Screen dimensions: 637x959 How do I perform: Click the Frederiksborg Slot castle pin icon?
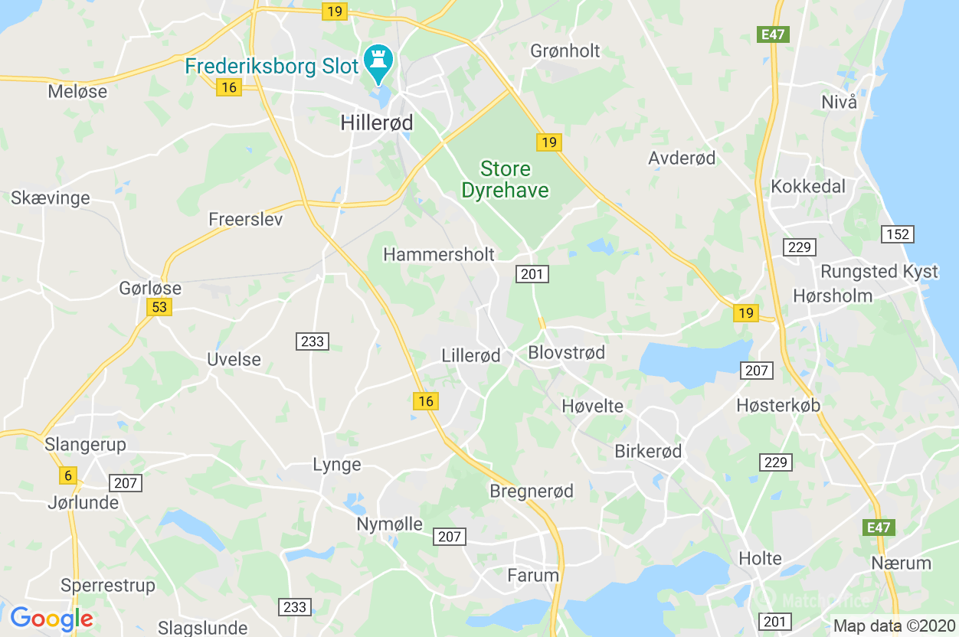378,60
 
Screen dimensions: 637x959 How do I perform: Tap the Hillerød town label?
376,122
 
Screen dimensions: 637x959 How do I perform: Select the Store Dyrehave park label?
506,179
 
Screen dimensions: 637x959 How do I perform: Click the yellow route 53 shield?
159,307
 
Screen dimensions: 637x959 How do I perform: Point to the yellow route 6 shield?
68,475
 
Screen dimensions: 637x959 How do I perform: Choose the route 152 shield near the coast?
897,234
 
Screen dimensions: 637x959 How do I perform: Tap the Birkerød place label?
648,451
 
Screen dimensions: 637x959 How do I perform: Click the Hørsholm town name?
833,296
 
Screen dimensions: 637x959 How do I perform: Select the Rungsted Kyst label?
868,272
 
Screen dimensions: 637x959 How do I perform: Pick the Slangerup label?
85,444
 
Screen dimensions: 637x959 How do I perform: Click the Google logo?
51,618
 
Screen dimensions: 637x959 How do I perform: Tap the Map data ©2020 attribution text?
894,626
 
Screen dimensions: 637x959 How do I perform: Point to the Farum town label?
533,574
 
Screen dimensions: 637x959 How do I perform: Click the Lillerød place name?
471,355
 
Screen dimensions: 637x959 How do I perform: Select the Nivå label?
839,102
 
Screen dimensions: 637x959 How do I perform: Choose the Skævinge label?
51,198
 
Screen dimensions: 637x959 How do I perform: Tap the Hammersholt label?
439,254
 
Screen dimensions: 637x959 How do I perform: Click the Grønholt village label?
565,51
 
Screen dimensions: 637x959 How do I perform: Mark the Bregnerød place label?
532,491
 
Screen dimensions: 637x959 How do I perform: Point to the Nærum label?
901,563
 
